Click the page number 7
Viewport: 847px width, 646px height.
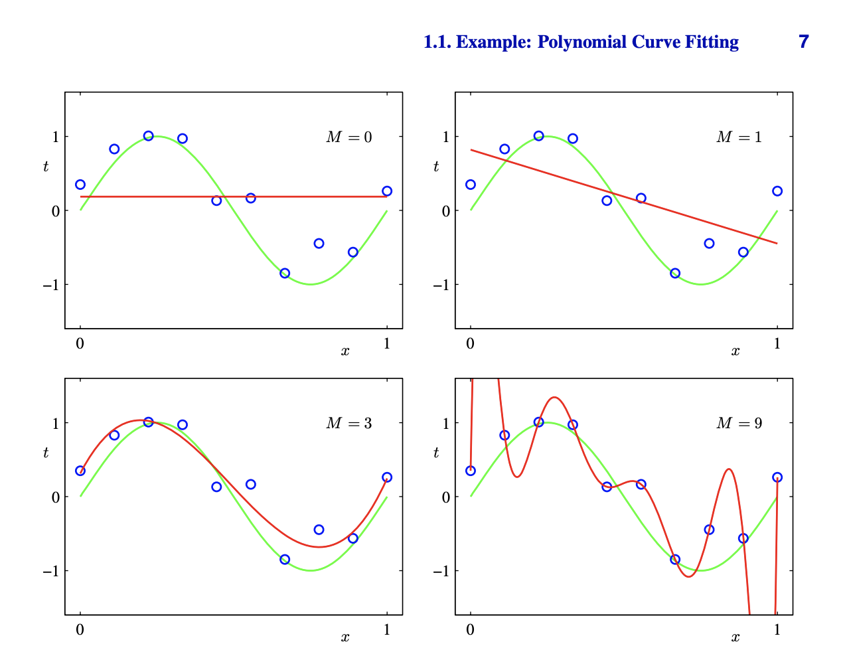point(804,42)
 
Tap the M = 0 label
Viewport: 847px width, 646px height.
point(348,137)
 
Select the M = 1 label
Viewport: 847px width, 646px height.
point(739,137)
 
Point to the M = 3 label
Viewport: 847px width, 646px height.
point(348,424)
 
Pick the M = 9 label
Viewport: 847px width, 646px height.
point(739,424)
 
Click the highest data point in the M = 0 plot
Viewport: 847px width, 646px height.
point(148,136)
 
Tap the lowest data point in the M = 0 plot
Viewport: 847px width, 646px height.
point(285,273)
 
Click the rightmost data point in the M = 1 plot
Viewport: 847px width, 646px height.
point(777,191)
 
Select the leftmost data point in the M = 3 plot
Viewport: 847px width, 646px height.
point(80,471)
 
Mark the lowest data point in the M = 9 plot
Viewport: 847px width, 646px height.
point(675,559)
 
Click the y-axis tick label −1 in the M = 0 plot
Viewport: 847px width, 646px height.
point(51,285)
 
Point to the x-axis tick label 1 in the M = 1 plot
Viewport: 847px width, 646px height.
point(777,344)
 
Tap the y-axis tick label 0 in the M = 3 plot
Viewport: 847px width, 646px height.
point(55,497)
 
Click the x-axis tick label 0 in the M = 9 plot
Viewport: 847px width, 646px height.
point(471,629)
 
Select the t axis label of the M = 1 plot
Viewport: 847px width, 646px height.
point(435,167)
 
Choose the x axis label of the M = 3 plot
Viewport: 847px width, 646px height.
point(345,637)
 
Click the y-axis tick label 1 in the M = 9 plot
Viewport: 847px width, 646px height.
point(445,423)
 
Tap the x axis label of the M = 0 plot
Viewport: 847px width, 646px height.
point(345,351)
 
